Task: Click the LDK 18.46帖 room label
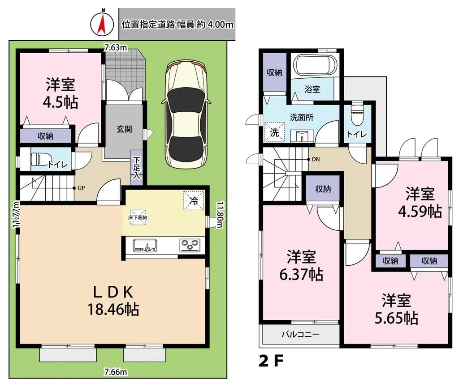113,300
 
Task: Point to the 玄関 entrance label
124,130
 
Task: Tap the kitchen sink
145,245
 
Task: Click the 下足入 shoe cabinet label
137,168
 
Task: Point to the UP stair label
81,188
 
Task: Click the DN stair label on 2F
316,159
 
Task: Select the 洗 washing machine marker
273,131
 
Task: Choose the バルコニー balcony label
300,334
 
